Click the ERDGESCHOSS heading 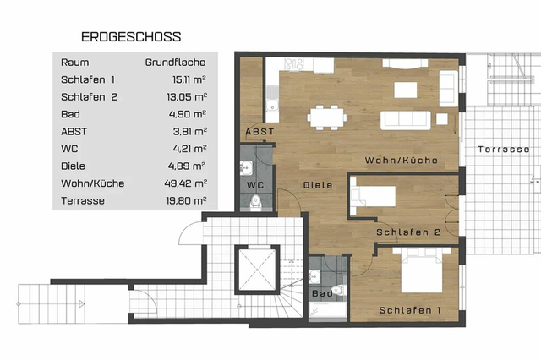pos(130,37)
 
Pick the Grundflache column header pos(176,63)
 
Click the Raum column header pos(74,63)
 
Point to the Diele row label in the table pos(74,166)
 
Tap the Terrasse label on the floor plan pos(503,149)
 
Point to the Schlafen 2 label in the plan pos(408,232)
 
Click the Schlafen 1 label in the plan pos(410,310)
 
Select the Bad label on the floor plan pos(321,294)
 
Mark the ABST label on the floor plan pos(259,133)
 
